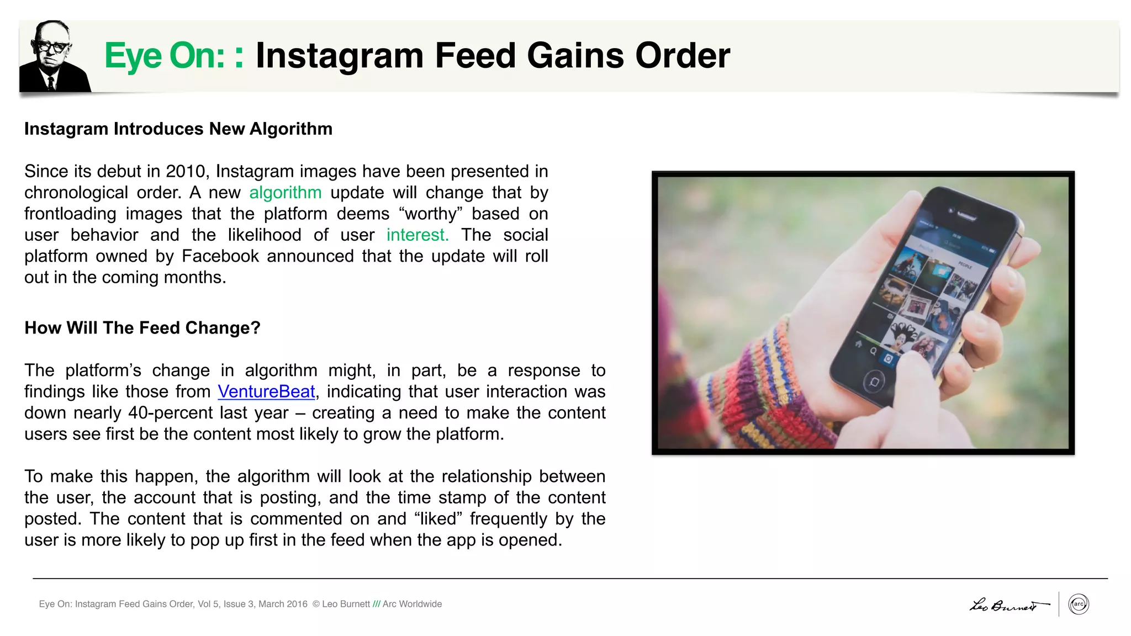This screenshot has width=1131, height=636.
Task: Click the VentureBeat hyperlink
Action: [266, 391]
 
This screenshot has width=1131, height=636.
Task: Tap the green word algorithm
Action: [285, 193]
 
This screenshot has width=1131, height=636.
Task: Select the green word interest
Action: [417, 235]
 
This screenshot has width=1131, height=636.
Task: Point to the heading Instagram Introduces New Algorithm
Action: [178, 129]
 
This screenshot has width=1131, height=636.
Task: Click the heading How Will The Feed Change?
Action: [142, 328]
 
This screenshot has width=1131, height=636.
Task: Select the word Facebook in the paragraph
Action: [220, 256]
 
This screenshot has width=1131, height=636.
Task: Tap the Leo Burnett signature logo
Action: [1007, 605]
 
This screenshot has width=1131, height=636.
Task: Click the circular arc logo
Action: [1078, 604]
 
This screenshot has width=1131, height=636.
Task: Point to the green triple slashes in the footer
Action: [376, 604]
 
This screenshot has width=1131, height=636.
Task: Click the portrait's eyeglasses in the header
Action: [52, 47]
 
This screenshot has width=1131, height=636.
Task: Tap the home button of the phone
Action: [874, 381]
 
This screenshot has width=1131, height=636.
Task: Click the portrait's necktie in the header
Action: [51, 83]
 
